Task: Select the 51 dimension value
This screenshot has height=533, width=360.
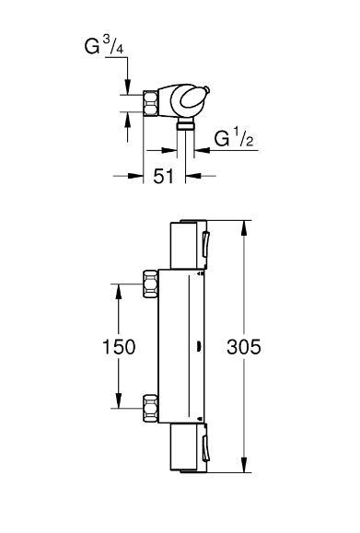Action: tap(163, 174)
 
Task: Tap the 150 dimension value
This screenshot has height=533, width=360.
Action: tap(119, 347)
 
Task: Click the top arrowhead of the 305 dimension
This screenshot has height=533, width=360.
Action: tap(243, 225)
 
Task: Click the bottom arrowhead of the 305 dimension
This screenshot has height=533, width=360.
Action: tap(243, 470)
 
